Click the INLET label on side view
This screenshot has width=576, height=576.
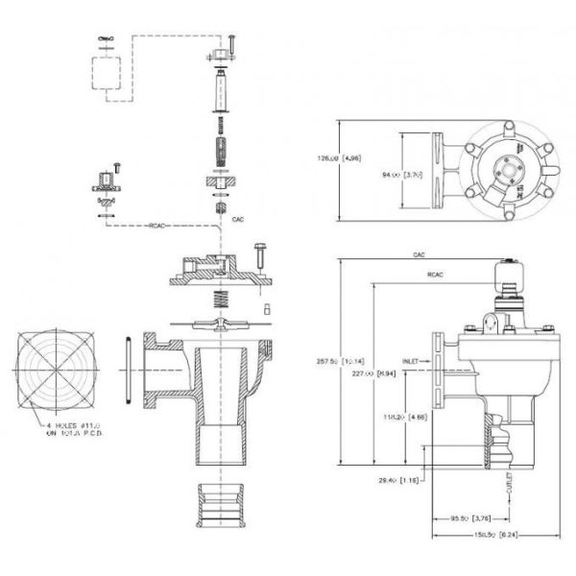[414, 362]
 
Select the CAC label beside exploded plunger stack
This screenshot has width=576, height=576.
[239, 219]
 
